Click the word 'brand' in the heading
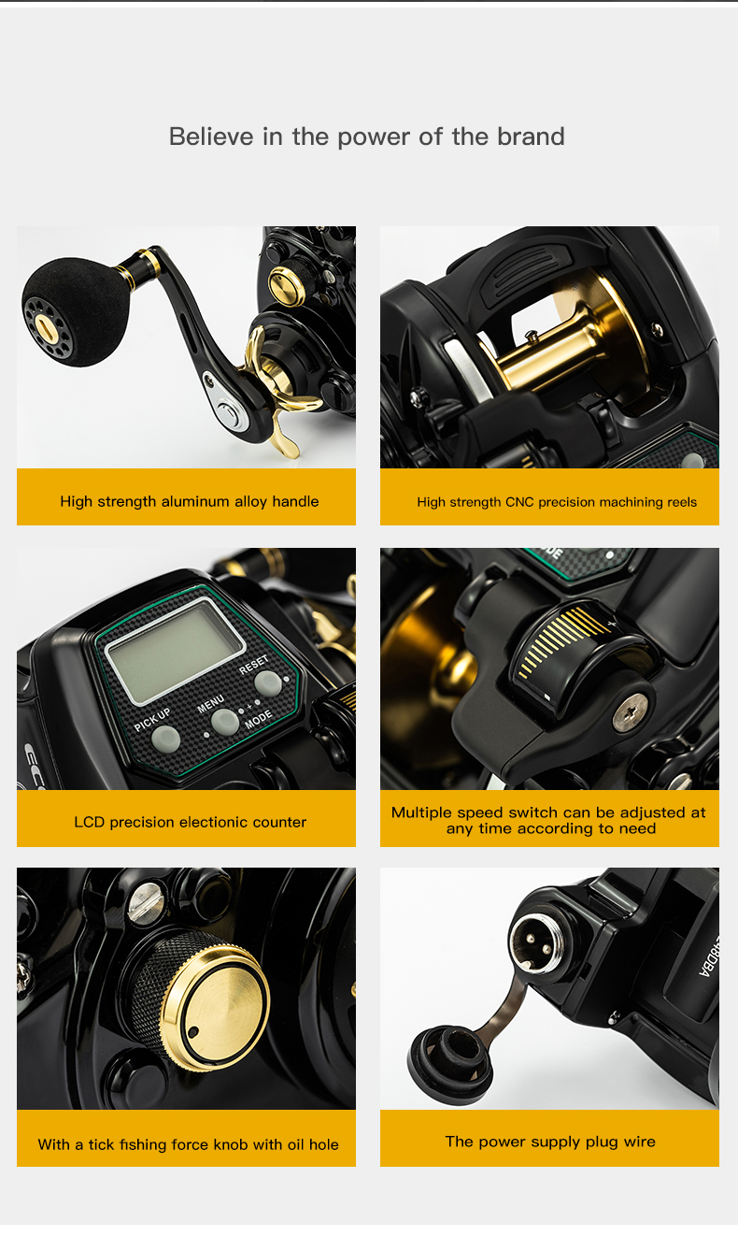[531, 136]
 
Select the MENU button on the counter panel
[224, 721]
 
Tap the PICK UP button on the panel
[165, 739]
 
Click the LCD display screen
[175, 650]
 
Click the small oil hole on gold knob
[192, 1032]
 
